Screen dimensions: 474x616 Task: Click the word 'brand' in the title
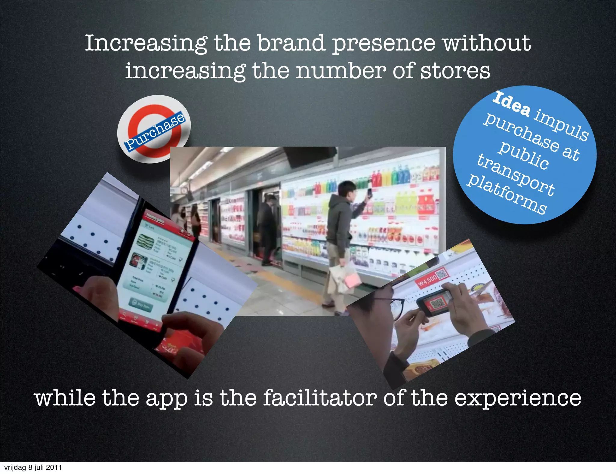point(291,43)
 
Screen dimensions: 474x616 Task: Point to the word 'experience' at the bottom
point(517,399)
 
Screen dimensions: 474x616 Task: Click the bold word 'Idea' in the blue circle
point(511,104)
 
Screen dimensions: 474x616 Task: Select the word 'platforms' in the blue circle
point(507,194)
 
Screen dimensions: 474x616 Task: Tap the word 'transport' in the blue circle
point(516,174)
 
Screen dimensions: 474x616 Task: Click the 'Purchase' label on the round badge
point(155,131)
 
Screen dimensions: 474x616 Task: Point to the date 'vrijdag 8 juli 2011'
point(33,467)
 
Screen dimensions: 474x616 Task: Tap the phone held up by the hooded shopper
point(370,193)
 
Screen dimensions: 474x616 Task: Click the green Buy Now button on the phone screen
point(141,304)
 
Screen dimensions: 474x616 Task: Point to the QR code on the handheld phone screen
point(436,304)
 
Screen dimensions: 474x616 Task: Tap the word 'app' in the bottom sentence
point(167,399)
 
